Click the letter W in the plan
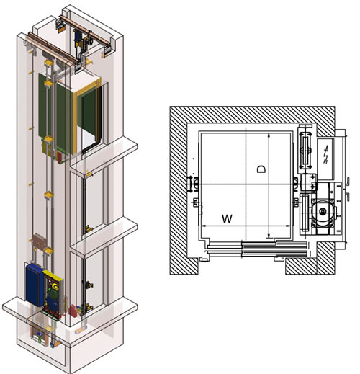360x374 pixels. [x=227, y=218]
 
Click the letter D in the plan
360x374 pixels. [x=261, y=169]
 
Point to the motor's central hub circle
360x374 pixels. [x=323, y=211]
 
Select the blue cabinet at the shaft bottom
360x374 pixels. [x=35, y=285]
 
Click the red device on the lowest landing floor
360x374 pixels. [x=72, y=311]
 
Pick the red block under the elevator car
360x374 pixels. [x=59, y=157]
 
